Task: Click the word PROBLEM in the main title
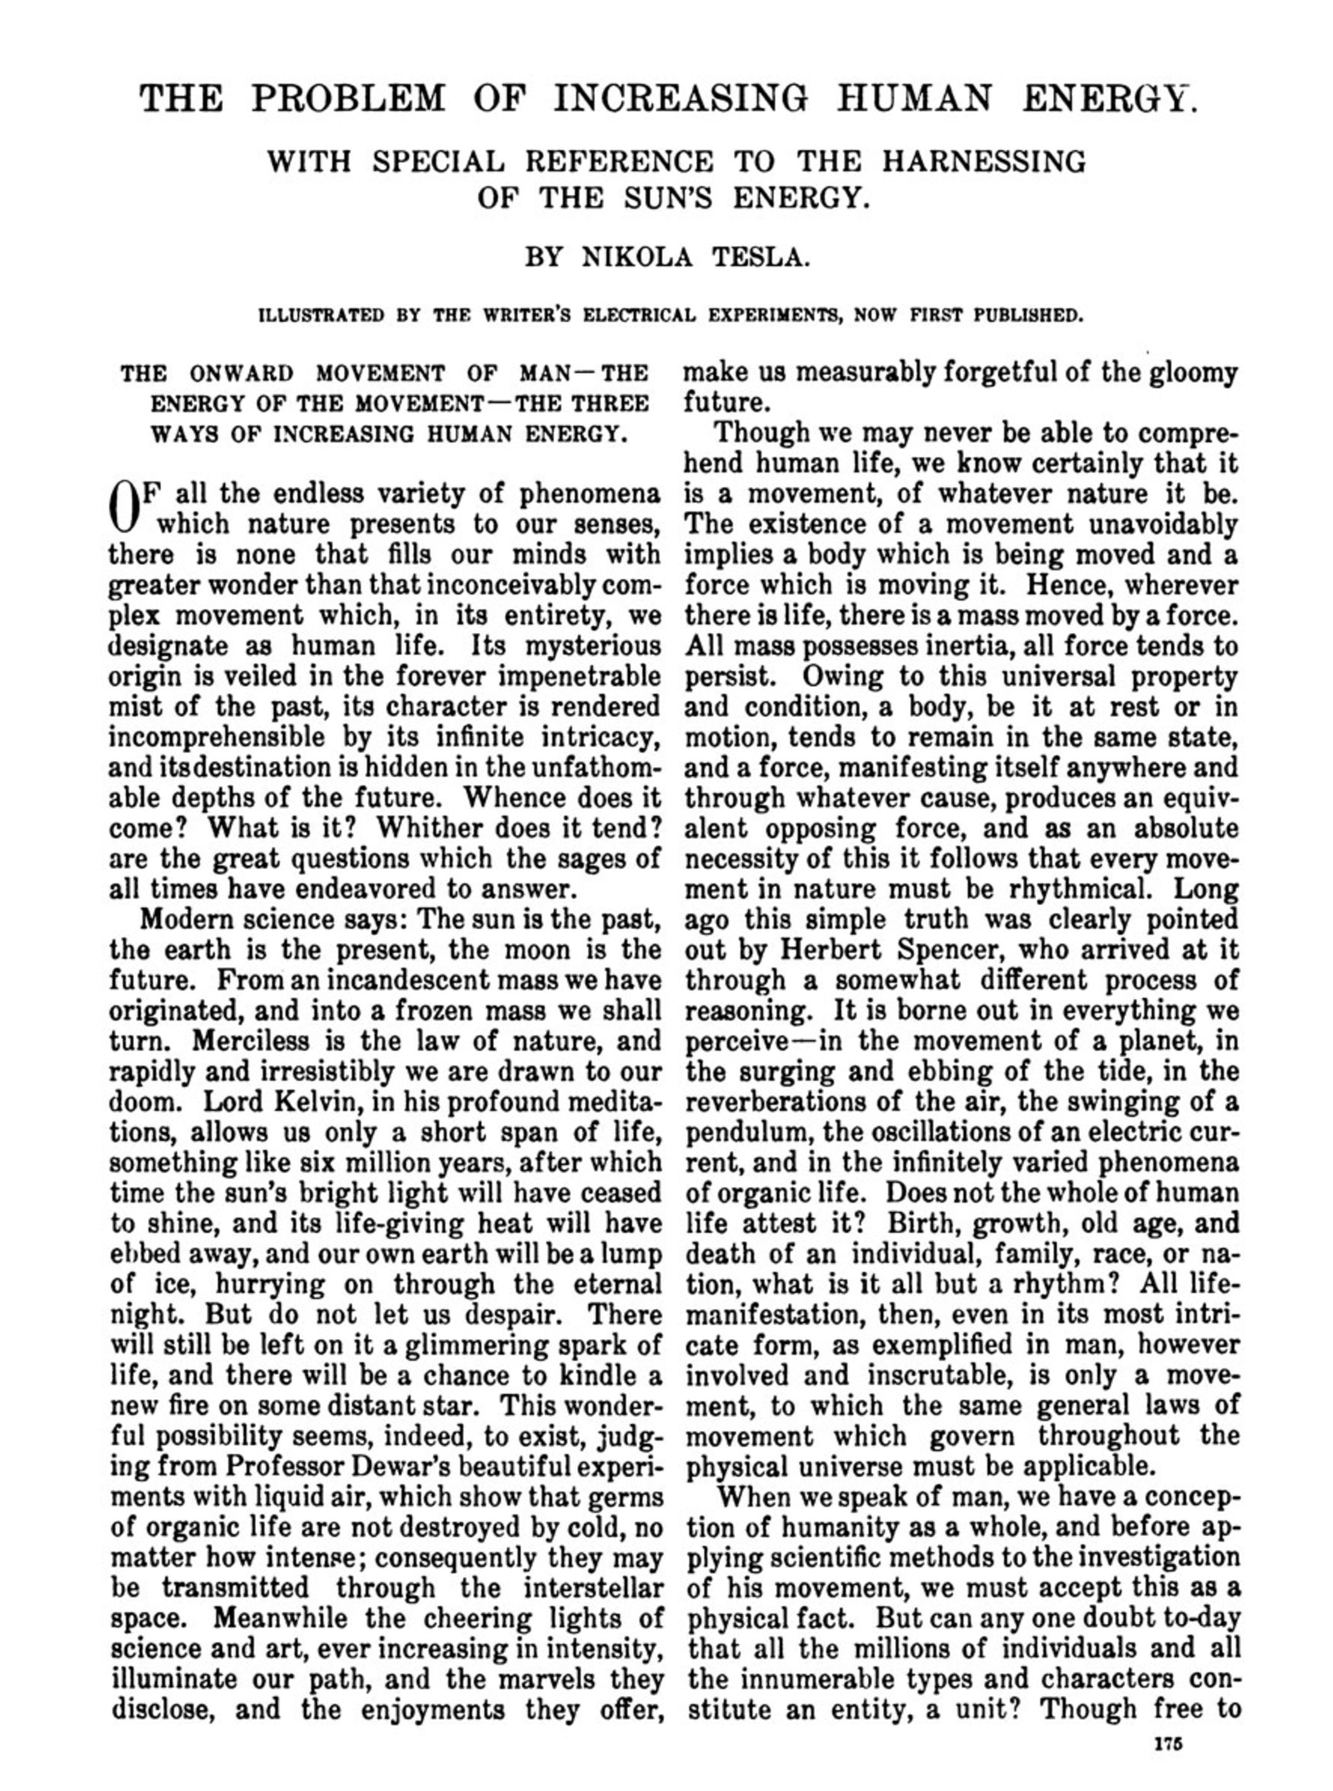[x=348, y=98]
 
